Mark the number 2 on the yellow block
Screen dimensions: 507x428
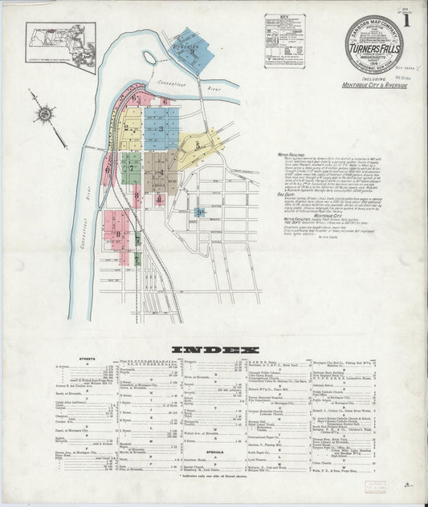[126, 128]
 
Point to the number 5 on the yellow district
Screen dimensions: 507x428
[198, 145]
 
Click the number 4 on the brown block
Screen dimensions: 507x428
[161, 172]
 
